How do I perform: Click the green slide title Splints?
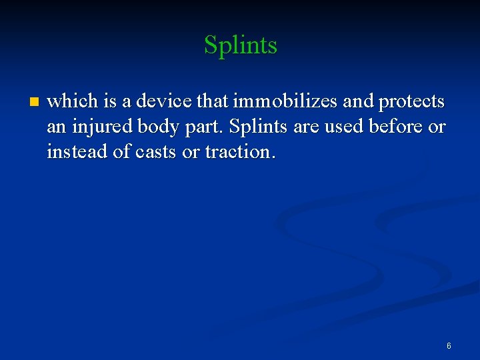pyautogui.click(x=240, y=45)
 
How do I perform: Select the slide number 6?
pyautogui.click(x=449, y=346)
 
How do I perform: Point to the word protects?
pyautogui.click(x=411, y=103)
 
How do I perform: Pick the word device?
pyautogui.click(x=151, y=101)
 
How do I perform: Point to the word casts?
pyautogui.click(x=157, y=152)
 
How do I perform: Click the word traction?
pyautogui.click(x=239, y=152)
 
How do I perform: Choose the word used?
pyautogui.click(x=341, y=127)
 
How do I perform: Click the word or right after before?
pyautogui.click(x=437, y=127)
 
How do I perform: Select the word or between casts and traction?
pyautogui.click(x=191, y=152)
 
